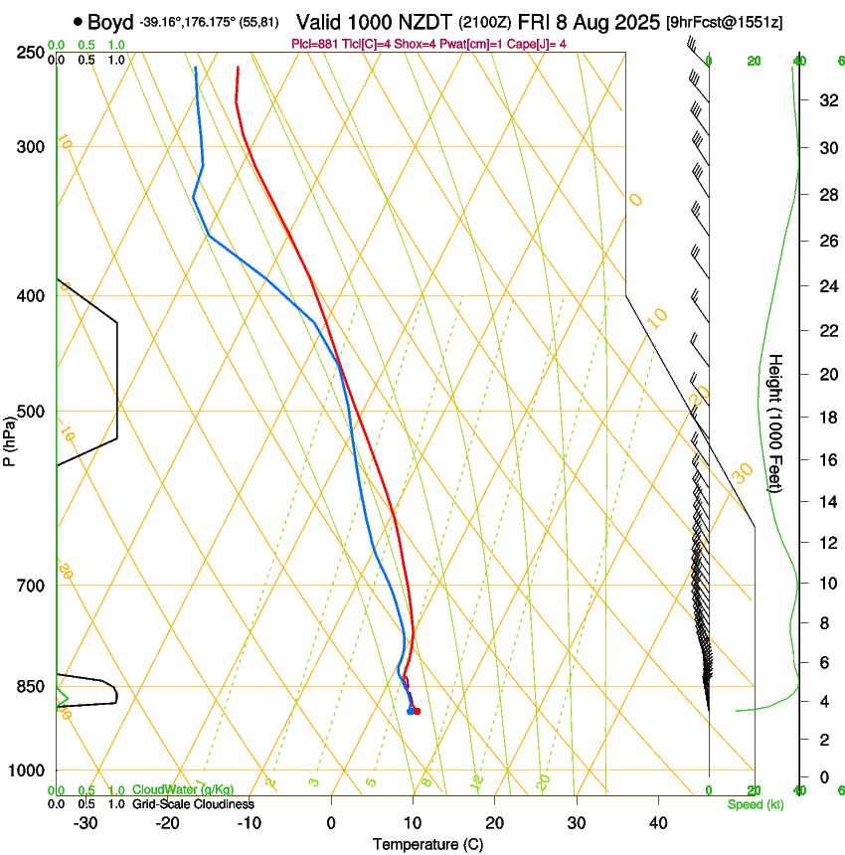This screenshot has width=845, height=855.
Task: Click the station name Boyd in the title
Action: [x=111, y=22]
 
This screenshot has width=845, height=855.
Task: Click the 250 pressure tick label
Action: [x=30, y=52]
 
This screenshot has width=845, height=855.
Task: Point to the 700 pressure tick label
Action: [x=30, y=586]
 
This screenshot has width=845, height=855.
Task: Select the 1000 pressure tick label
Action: [x=26, y=770]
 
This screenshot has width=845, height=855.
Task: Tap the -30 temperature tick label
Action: [x=85, y=822]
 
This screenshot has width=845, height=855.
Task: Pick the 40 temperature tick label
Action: [x=658, y=822]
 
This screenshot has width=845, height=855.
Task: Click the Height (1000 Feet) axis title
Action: [x=776, y=424]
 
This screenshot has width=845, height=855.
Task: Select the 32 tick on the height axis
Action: [x=826, y=100]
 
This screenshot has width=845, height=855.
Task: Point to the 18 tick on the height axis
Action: [x=826, y=418]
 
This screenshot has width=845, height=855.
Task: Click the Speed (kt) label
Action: [x=755, y=804]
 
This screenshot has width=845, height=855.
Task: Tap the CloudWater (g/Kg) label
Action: [x=170, y=790]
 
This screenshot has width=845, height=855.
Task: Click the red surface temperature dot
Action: [x=417, y=711]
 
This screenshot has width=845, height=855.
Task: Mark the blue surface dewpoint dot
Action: [x=411, y=711]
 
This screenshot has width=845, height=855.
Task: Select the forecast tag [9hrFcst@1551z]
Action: [x=724, y=22]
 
